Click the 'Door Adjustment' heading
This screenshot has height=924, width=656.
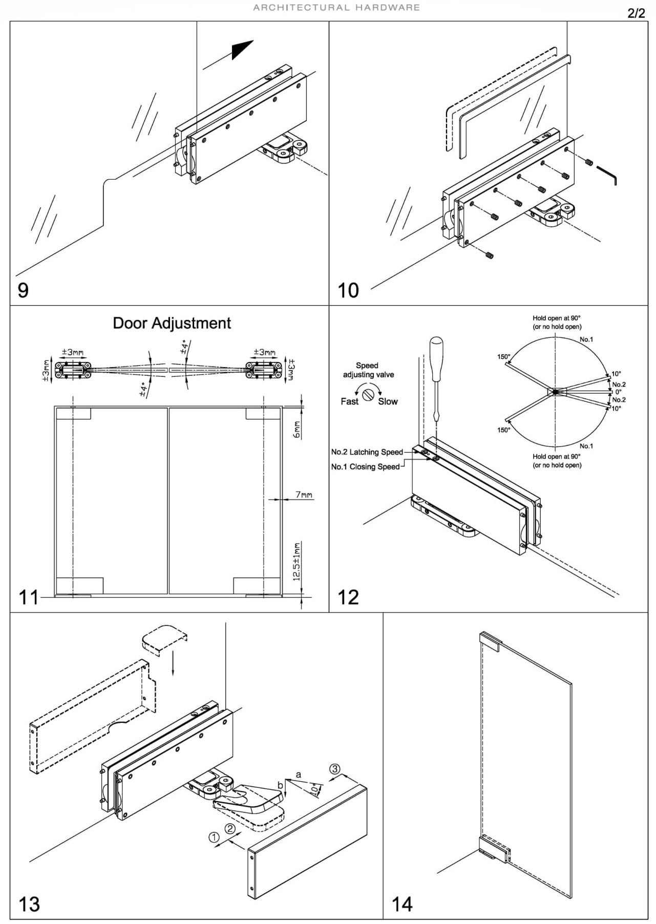pos(172,323)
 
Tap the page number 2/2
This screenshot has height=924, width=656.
pos(636,13)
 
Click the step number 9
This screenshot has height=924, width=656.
pos(23,290)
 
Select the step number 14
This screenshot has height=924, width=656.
pos(402,904)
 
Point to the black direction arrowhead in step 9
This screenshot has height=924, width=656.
pos(241,49)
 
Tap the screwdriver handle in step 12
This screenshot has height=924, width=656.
pos(436,358)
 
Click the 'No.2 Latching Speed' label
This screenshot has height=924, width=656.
pos(367,452)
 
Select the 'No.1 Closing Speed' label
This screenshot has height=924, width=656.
pos(365,467)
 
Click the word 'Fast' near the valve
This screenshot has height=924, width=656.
pos(349,402)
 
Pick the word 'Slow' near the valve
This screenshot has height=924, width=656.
pos(388,402)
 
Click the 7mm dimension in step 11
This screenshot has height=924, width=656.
pos(304,495)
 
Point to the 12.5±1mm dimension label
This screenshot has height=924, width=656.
pos(297,562)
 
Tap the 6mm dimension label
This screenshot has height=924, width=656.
pos(297,429)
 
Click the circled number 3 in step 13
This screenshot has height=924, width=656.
pos(334,769)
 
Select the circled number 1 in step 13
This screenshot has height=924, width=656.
pos(214,837)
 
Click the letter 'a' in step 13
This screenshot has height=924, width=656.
pos(299,775)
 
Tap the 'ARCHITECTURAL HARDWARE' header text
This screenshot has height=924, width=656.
pos(336,8)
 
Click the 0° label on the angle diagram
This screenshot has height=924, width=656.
pos(618,392)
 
